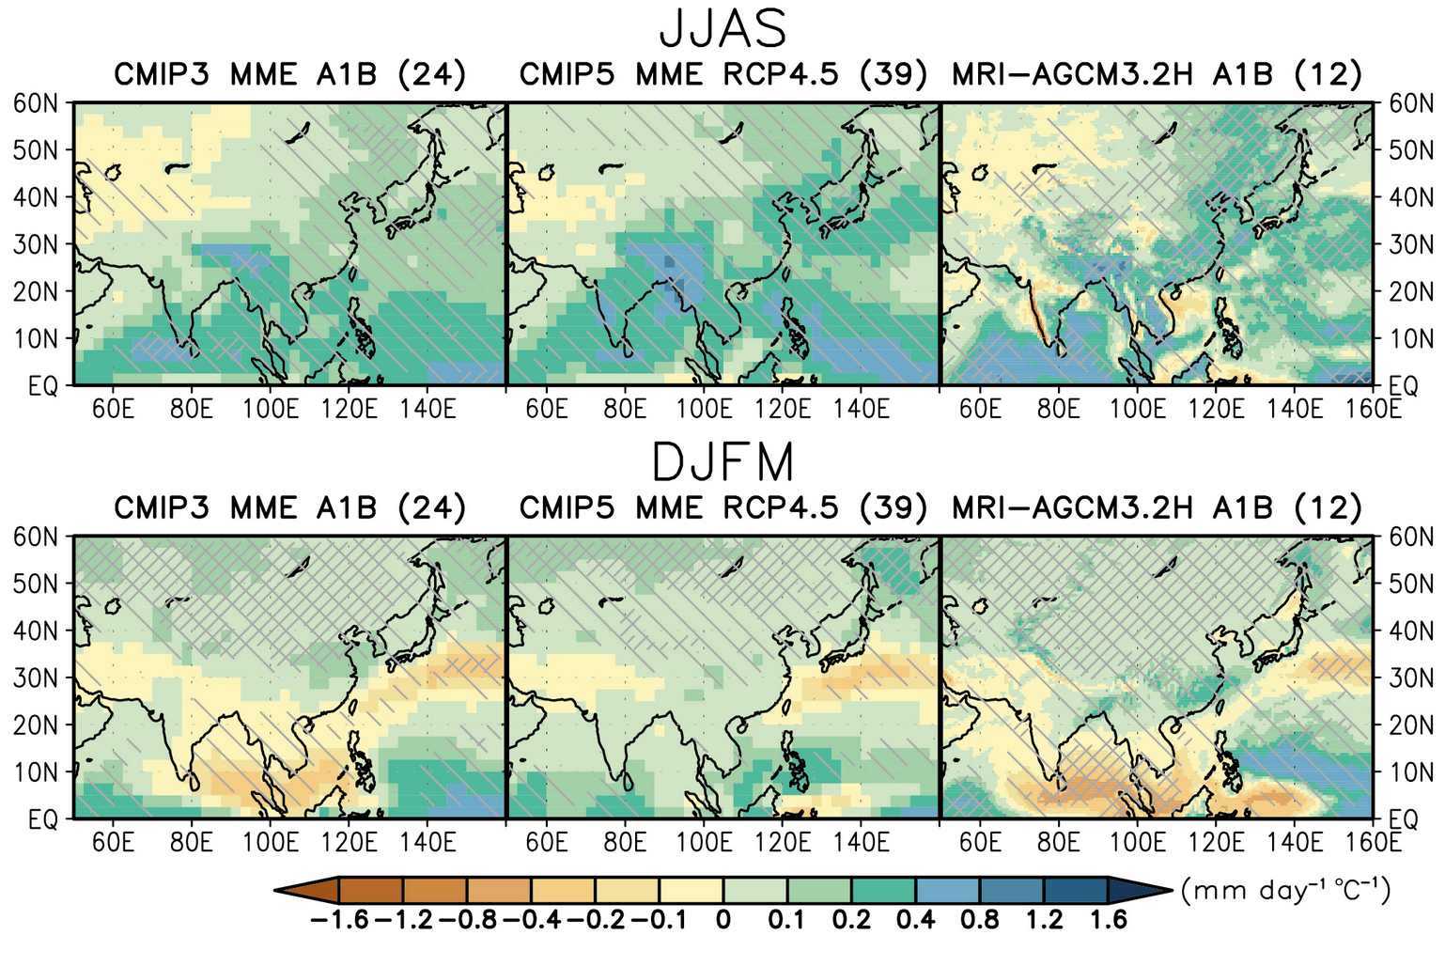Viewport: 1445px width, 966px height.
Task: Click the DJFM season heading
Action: point(722,462)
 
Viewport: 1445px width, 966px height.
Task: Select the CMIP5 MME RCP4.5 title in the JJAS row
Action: point(723,73)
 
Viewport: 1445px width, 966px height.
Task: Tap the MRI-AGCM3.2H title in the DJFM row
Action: point(1157,507)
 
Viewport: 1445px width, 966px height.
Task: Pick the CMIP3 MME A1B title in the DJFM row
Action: point(290,507)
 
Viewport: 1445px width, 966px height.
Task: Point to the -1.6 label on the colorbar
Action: point(339,919)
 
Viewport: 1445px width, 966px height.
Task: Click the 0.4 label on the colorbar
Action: point(915,919)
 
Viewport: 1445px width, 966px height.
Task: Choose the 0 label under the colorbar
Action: point(722,919)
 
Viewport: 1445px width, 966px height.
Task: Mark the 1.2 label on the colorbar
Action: point(1043,919)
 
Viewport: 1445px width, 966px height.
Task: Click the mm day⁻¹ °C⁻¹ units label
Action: point(1285,889)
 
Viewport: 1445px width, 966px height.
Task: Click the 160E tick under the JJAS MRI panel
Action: point(1374,409)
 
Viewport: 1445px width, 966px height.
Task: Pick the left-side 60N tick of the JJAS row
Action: point(36,103)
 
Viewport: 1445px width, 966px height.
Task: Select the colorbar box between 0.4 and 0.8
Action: point(947,890)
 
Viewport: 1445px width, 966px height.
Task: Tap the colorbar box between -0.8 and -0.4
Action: point(499,890)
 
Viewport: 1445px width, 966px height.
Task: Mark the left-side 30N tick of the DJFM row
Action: point(36,678)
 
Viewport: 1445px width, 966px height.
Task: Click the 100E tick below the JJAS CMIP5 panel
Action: point(704,409)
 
